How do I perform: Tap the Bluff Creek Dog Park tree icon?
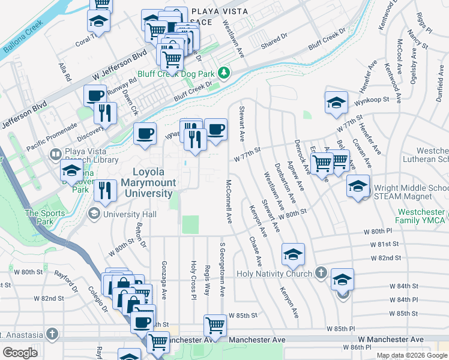tap(224, 73)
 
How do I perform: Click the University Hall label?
tap(129, 214)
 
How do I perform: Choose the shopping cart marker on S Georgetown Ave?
tap(215, 326)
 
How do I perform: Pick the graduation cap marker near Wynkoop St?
tap(336, 102)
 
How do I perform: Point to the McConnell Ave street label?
tap(229, 202)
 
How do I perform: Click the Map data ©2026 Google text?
tap(411, 355)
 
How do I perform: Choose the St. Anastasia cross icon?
tap(53, 334)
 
